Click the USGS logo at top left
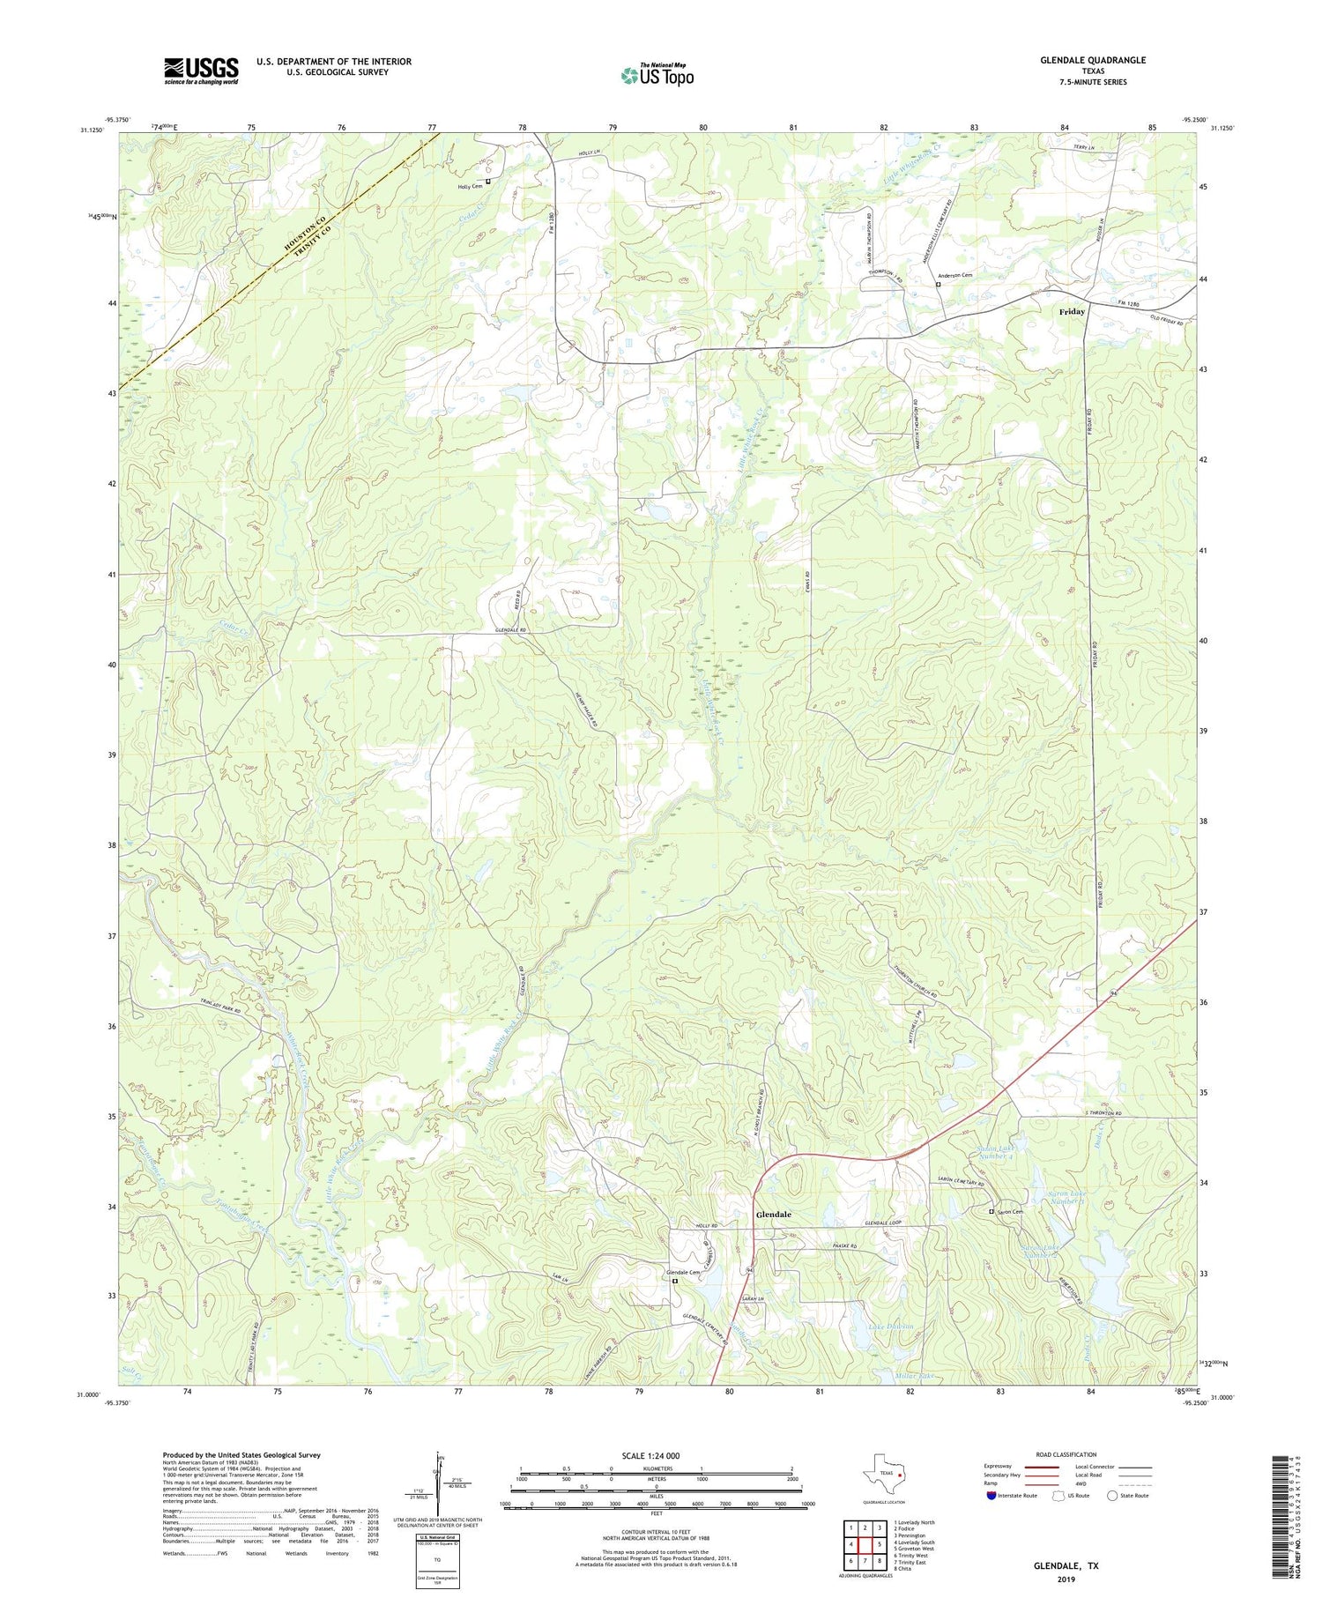tap(201, 71)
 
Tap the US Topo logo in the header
tap(657, 76)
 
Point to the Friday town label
tap(1072, 312)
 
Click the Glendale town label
tap(773, 1214)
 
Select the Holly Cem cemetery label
tap(470, 186)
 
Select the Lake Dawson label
tap(890, 1327)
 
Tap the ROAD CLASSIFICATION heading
tap(1066, 1454)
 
